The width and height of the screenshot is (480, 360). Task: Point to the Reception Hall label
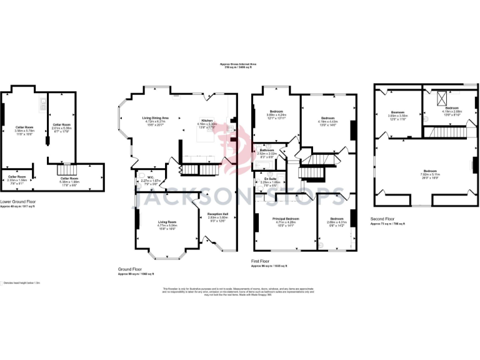218,217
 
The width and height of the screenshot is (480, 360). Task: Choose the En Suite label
269,182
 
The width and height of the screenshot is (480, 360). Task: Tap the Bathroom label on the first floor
267,152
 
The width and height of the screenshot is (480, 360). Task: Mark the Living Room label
166,224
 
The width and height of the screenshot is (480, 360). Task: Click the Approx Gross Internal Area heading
239,64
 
